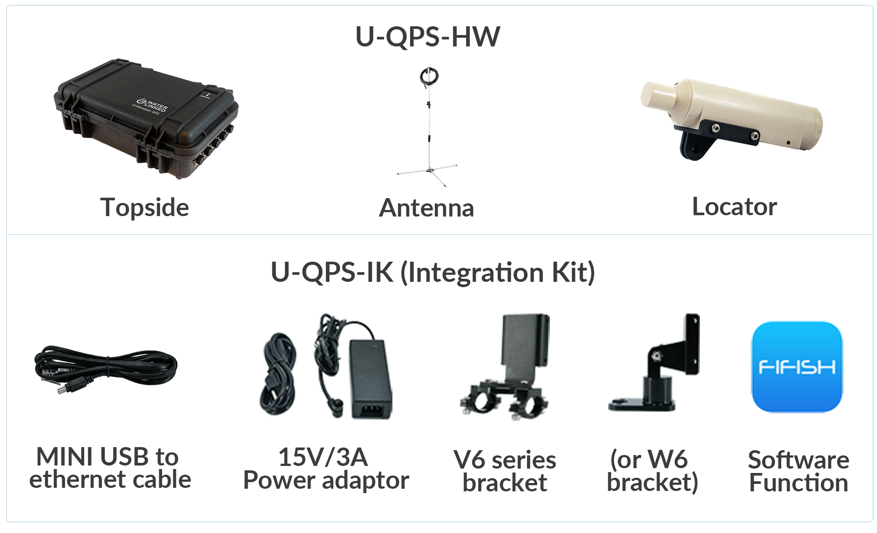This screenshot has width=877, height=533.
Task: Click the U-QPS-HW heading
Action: click(x=428, y=36)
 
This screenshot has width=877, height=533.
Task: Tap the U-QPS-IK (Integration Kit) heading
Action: click(x=433, y=273)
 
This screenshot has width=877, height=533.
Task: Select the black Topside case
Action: click(x=146, y=119)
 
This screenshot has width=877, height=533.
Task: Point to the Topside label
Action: click(x=145, y=207)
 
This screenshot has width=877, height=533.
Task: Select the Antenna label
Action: click(x=427, y=208)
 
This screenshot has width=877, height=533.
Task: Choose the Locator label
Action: click(x=734, y=206)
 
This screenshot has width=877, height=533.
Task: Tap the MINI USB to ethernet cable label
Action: click(x=110, y=468)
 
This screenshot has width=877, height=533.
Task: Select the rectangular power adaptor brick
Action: click(x=370, y=379)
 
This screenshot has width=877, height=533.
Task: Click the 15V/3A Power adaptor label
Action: click(x=326, y=469)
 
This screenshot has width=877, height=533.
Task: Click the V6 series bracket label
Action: click(x=505, y=471)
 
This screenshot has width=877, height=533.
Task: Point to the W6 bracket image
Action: click(x=654, y=362)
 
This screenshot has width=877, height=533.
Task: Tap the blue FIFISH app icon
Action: click(x=797, y=367)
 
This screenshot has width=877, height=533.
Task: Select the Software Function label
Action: click(x=799, y=471)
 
